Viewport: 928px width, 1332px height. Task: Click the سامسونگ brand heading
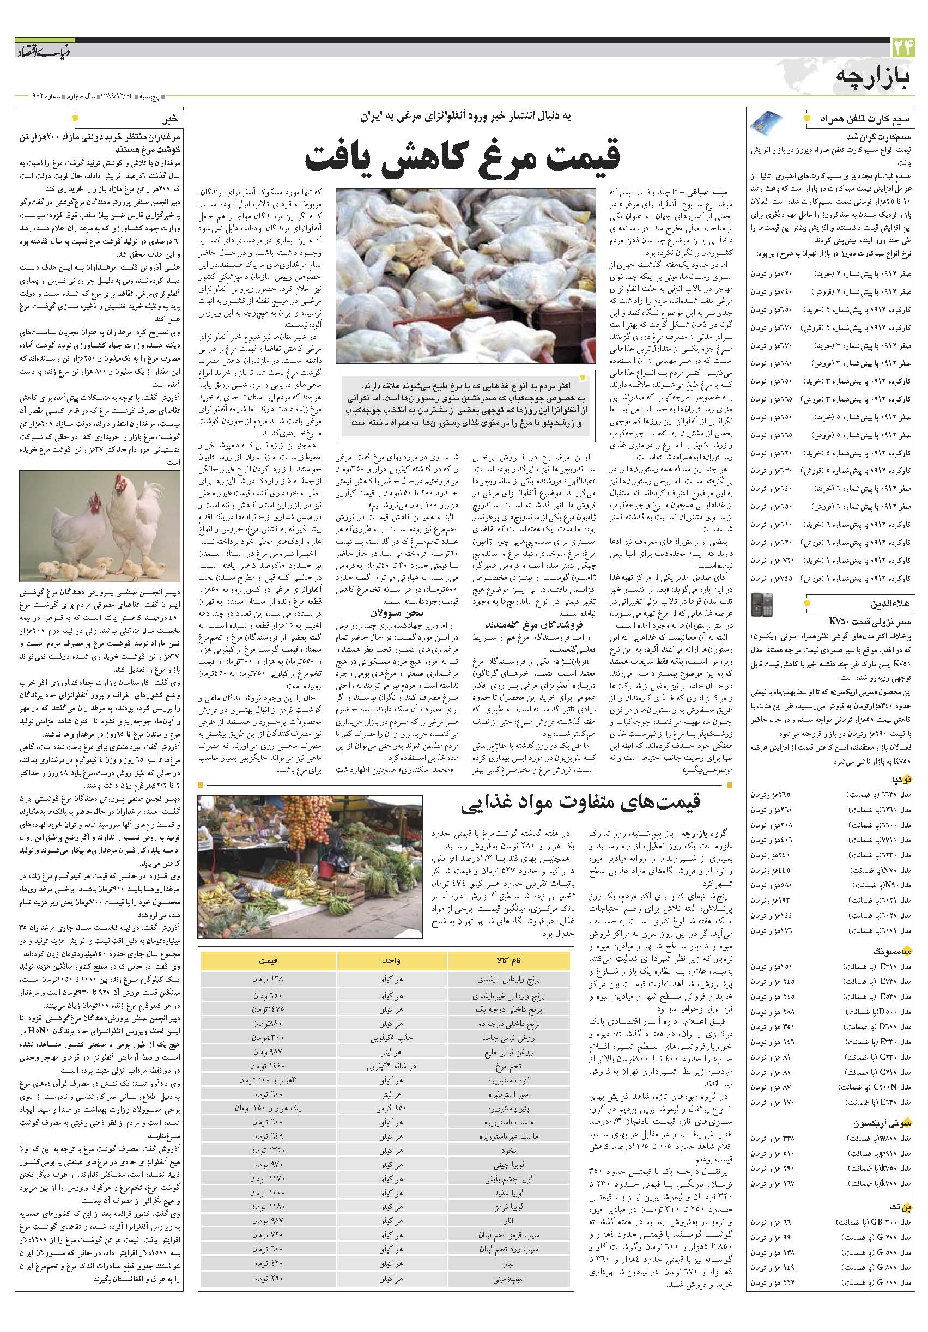(x=892, y=951)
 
